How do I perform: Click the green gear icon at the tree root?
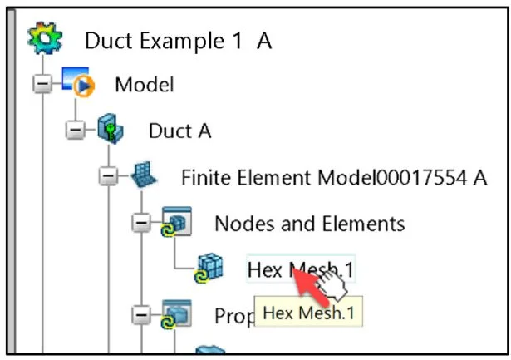click(x=39, y=38)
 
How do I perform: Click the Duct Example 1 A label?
click(x=179, y=40)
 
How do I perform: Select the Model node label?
click(x=145, y=84)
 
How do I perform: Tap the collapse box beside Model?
click(x=42, y=84)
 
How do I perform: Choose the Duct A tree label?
click(x=179, y=131)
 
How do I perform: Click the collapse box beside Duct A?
click(x=76, y=131)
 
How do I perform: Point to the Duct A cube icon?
click(x=112, y=131)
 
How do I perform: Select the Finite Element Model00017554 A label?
click(x=333, y=177)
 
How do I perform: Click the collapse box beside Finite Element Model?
click(x=108, y=177)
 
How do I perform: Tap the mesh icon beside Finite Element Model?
click(x=143, y=176)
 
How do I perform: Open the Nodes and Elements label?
click(x=309, y=224)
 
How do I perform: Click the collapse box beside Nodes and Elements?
click(x=141, y=224)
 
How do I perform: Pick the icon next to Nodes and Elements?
click(x=177, y=224)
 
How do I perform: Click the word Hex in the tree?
click(x=265, y=269)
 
